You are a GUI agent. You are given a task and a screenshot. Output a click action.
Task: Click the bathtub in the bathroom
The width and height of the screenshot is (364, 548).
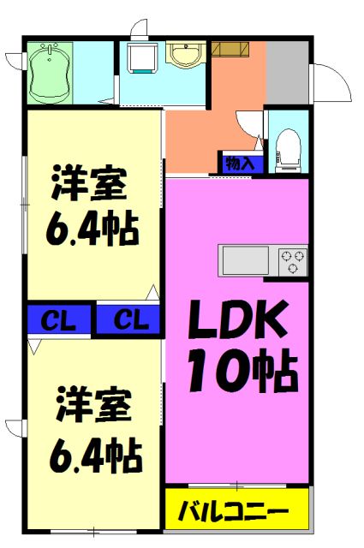(51, 73)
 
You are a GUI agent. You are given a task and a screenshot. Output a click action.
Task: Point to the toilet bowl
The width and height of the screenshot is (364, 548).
(288, 148)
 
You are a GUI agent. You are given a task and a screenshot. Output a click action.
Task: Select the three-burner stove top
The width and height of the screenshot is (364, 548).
(291, 259)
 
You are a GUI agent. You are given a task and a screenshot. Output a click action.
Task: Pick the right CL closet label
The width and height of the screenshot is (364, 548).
(129, 321)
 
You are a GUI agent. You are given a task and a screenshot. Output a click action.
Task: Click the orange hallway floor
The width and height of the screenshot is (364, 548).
(206, 128)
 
